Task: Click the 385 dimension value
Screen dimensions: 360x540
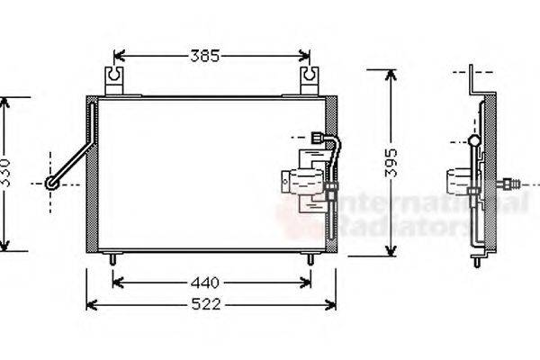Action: click(x=204, y=56)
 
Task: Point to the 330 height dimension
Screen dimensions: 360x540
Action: click(x=8, y=173)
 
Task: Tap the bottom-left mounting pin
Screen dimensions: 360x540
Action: click(x=112, y=258)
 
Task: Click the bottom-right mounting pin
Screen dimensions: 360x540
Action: click(x=310, y=258)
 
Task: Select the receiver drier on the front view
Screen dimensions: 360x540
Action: click(x=304, y=181)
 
